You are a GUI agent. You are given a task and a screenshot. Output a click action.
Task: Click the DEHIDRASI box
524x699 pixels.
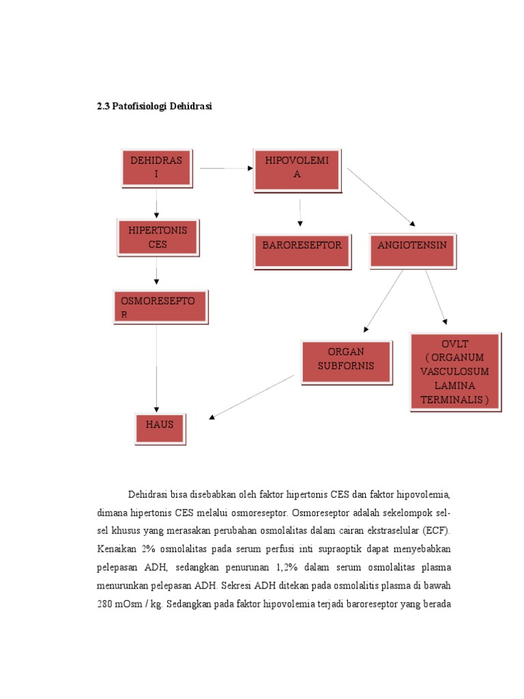click(156, 167)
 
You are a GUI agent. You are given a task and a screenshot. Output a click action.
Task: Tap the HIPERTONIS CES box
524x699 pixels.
click(158, 237)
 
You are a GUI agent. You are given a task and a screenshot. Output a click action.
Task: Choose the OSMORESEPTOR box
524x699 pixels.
click(160, 307)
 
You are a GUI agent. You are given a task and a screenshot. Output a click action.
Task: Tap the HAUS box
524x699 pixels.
click(160, 425)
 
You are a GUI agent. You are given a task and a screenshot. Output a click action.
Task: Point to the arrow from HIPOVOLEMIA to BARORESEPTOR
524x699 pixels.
click(300, 212)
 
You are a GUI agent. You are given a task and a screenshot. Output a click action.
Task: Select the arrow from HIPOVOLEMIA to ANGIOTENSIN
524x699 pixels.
click(381, 197)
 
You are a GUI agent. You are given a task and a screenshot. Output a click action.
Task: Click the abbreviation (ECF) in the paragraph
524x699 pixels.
click(436, 530)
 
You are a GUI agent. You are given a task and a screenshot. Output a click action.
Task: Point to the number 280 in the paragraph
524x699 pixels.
click(106, 604)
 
